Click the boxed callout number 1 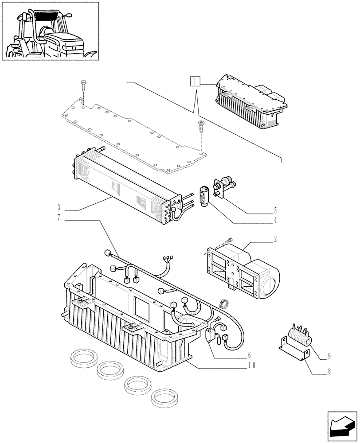coord(194,81)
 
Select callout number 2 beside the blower coord(275,240)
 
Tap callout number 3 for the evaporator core coord(59,207)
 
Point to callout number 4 coord(275,220)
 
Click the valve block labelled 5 coord(224,187)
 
